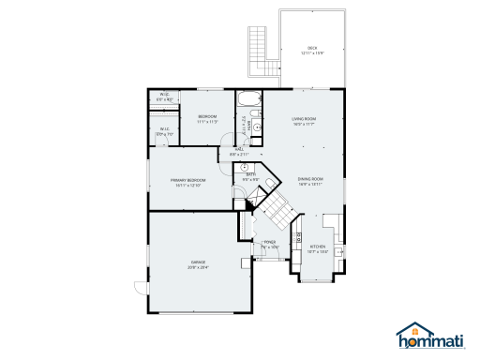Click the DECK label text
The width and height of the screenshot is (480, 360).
(x=312, y=49)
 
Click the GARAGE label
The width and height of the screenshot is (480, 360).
(x=198, y=262)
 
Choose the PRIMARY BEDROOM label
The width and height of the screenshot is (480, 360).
(x=187, y=180)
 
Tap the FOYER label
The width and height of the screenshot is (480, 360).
(x=269, y=242)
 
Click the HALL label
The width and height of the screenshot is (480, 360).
(x=239, y=149)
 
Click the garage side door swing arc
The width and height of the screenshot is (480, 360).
(x=140, y=288)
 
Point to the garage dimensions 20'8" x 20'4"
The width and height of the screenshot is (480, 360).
(x=198, y=267)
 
